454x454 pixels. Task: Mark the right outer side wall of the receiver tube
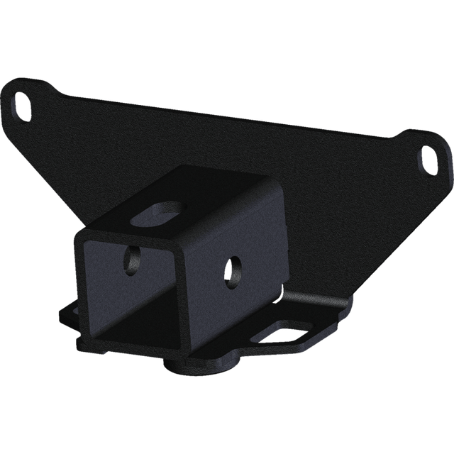point(241,284)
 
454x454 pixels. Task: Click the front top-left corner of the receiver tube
point(76,235)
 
